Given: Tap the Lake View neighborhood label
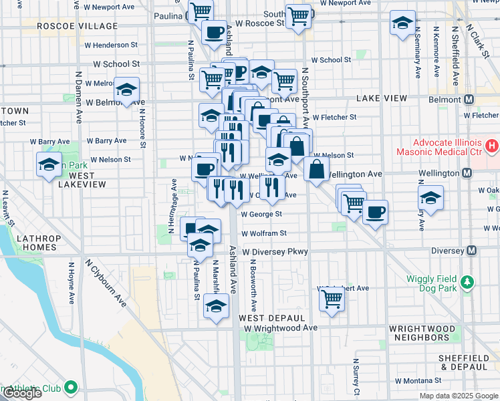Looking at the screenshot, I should (382, 98).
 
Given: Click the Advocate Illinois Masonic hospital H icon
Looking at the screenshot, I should (492, 144).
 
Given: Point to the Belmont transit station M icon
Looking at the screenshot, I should (469, 99).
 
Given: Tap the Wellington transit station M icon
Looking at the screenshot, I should (469, 174).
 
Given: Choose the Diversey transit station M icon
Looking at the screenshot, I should (472, 251).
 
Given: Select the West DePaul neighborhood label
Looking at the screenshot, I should (272, 317).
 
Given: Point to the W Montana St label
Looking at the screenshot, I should (420, 380).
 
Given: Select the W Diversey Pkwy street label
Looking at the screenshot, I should (275, 252).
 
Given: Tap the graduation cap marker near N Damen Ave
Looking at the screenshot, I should (125, 91).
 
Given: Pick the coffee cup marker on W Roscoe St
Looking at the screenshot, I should (215, 32).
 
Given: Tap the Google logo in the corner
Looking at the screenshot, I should (21, 393).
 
